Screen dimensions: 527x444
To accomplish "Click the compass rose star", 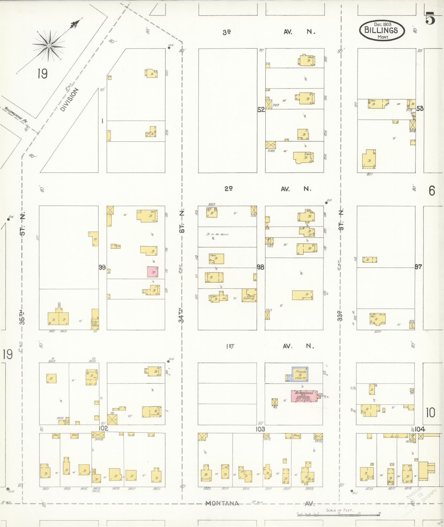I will [x=49, y=46].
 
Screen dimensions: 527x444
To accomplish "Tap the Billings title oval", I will [x=382, y=30].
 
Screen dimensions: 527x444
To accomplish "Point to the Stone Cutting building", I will [x=249, y=295].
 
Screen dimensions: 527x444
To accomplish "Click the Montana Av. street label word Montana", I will [x=222, y=503].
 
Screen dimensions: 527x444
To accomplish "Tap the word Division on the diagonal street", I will [x=69, y=99].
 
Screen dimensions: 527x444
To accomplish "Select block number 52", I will [x=261, y=110].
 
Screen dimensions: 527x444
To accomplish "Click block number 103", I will [x=260, y=429].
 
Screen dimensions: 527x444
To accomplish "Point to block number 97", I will [x=418, y=267].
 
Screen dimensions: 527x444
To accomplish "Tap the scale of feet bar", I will [x=338, y=514].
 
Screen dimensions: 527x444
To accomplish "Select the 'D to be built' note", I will [x=217, y=234].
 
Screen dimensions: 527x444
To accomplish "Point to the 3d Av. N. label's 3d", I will [x=227, y=32].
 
